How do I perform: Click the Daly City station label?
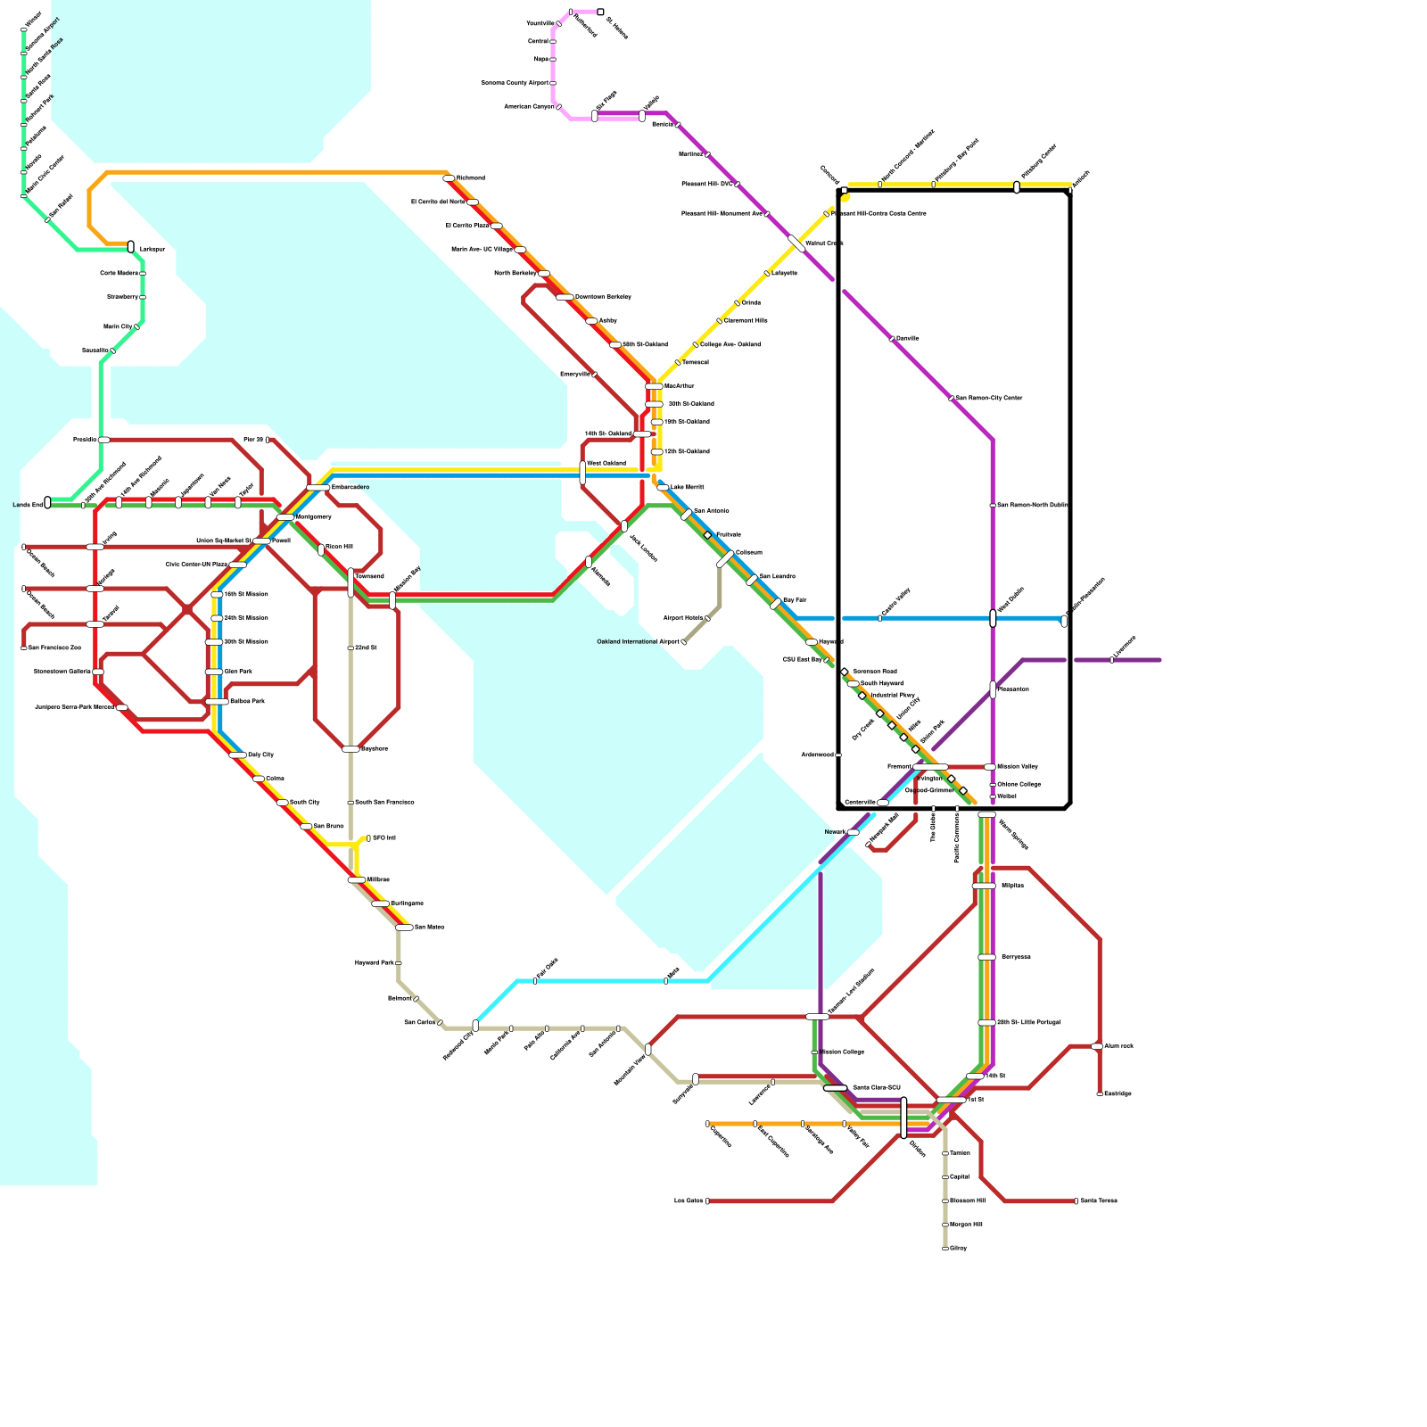[260, 755]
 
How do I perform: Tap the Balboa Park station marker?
[217, 702]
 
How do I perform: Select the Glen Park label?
[238, 672]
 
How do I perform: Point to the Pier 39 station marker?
[268, 440]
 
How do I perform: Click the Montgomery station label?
[314, 517]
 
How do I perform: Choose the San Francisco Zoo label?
[54, 648]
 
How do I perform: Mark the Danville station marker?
[891, 339]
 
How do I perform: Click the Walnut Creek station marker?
[796, 243]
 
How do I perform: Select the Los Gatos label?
[689, 1201]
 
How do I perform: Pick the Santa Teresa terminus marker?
[1076, 1201]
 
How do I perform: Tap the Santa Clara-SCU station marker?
[835, 1088]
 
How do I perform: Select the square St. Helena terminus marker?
[600, 12]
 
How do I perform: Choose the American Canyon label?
[529, 107]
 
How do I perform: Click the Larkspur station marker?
[131, 247]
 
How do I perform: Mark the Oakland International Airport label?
[638, 642]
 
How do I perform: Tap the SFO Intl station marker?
[368, 838]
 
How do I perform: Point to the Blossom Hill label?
[968, 1200]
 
